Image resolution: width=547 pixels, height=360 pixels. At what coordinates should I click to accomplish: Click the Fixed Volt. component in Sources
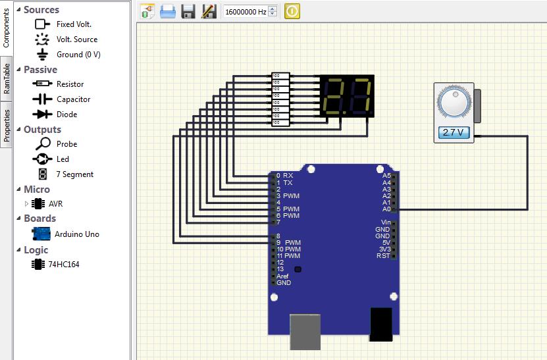tap(73, 24)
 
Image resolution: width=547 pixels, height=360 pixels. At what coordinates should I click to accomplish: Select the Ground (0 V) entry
tap(78, 55)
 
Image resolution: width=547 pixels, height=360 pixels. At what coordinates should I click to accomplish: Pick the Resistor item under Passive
tap(70, 84)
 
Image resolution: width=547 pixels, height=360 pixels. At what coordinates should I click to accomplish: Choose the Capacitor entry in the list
tap(73, 99)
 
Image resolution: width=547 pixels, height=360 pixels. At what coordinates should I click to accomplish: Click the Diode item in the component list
tap(66, 115)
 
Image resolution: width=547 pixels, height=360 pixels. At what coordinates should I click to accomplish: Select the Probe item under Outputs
tap(66, 144)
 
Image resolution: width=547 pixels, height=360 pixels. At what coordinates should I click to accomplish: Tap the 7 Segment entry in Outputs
tap(74, 174)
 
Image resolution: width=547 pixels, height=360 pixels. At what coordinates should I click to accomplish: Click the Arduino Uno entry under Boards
tap(76, 234)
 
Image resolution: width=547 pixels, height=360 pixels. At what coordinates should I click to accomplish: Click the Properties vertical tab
tap(7, 126)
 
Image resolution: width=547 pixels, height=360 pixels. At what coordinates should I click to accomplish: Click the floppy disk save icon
tap(189, 11)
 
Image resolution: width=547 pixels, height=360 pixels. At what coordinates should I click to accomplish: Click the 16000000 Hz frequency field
tap(245, 12)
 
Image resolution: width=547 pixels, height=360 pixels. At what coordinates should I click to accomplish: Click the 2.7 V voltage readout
tap(454, 132)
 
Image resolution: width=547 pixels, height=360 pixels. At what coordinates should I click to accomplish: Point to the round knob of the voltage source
tap(454, 103)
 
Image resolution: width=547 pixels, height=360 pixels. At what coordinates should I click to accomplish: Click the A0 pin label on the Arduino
tap(386, 209)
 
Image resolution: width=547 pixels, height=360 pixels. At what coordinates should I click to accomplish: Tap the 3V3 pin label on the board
tap(385, 249)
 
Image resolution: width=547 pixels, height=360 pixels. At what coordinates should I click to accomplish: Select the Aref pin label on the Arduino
tap(282, 276)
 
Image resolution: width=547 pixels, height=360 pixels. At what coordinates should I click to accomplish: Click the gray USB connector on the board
tap(306, 331)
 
